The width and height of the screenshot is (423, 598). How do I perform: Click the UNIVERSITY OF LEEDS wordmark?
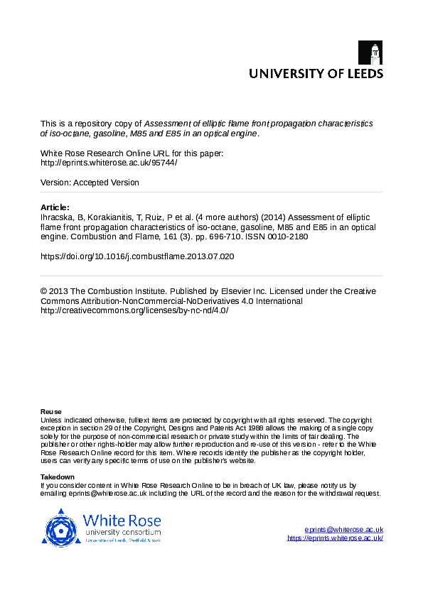pos(315,73)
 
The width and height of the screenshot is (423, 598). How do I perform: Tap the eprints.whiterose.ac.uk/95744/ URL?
pos(109,162)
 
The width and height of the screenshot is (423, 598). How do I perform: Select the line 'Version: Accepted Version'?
pos(90,183)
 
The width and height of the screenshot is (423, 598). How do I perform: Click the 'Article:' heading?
pos(55,207)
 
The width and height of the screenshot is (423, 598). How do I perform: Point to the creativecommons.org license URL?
pos(134,310)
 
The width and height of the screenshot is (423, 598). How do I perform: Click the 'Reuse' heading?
pos(50,412)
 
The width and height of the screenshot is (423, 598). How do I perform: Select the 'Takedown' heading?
pos(57,477)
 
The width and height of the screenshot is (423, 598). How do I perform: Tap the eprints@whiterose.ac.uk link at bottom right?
pos(343,530)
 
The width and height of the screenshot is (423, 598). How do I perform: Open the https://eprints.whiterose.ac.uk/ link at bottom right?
pos(335,538)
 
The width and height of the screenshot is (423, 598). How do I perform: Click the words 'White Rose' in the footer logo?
pos(122,519)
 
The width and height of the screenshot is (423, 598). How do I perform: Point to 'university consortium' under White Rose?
pos(122,532)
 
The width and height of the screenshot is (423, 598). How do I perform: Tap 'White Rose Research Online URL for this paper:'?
pos(132,153)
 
